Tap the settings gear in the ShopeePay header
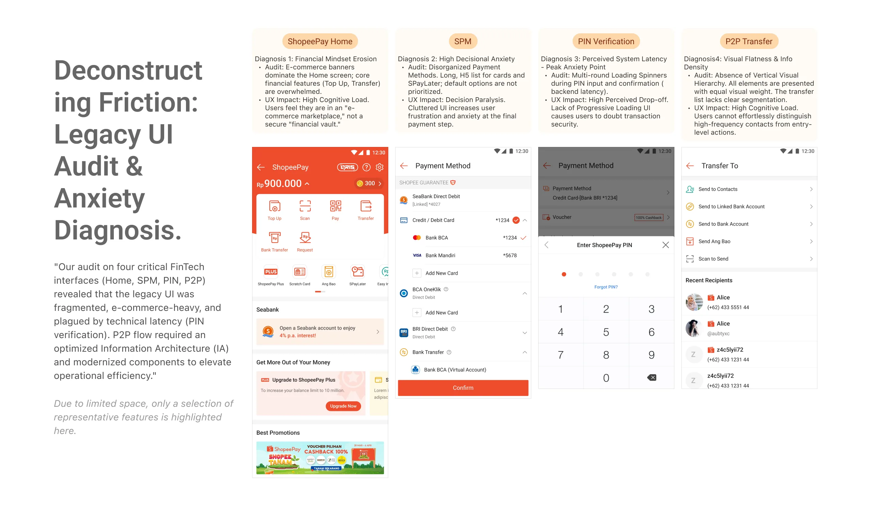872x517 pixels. tap(379, 167)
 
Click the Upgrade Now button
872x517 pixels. tap(343, 406)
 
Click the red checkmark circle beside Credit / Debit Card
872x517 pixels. tap(516, 220)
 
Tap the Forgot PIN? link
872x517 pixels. tap(606, 287)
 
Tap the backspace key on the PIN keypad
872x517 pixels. tap(651, 378)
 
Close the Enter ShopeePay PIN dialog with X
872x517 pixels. tap(665, 245)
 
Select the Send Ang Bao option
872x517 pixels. tap(714, 241)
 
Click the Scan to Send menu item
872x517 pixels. tap(713, 259)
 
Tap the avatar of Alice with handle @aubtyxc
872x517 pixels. tap(694, 328)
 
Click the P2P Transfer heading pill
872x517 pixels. tap(749, 41)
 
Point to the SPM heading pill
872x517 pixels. tap(463, 41)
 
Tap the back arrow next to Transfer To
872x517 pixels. tap(690, 166)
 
